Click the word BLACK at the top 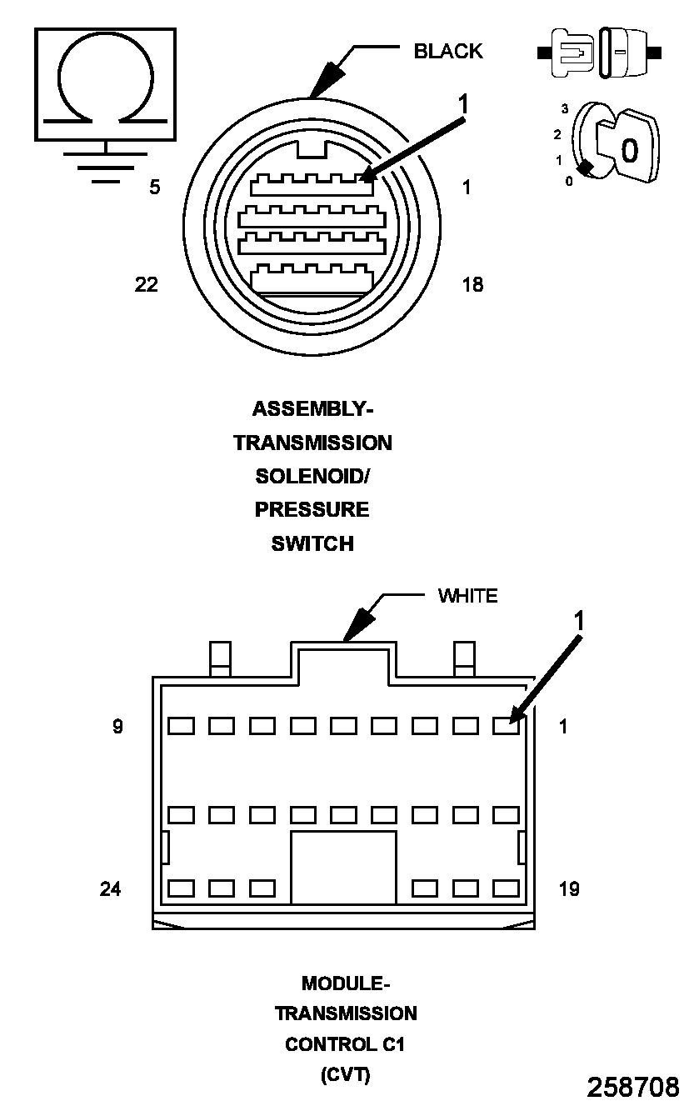[x=448, y=51]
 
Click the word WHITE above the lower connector [x=467, y=596]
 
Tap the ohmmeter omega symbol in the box [x=105, y=83]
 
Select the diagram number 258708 [x=633, y=1087]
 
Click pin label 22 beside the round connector [x=146, y=284]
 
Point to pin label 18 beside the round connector [x=472, y=284]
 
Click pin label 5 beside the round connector [x=154, y=188]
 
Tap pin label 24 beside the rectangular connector [x=110, y=889]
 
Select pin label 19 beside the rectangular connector [x=569, y=889]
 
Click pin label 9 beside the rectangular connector [x=117, y=727]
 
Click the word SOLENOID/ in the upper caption [x=312, y=477]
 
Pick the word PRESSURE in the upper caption [x=312, y=509]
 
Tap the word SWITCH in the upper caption [x=312, y=543]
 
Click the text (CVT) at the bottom [x=346, y=1075]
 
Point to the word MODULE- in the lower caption [x=346, y=983]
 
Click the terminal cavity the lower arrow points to [x=506, y=726]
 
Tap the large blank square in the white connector [x=343, y=866]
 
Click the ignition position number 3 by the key [x=564, y=109]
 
